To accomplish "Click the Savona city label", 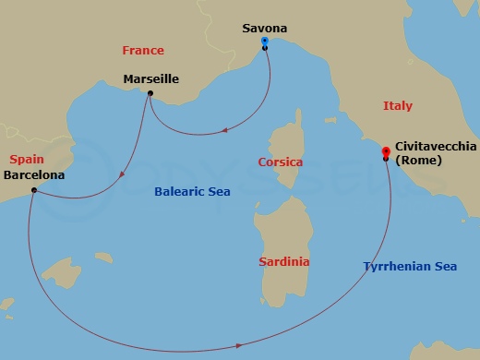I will [265, 28].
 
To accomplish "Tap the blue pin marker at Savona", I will [265, 42].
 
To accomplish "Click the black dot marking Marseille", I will [150, 93].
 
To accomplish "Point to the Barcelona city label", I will [34, 173].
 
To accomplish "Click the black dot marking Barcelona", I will [33, 190].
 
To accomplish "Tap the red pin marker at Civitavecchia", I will [386, 152].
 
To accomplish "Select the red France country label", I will [143, 51].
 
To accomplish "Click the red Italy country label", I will [398, 106].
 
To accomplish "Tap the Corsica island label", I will [280, 162].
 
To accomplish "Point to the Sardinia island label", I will [283, 262].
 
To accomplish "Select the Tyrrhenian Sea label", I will [409, 267].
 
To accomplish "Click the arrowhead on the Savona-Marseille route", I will [225, 132].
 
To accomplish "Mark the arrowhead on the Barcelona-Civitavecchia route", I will [240, 345].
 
